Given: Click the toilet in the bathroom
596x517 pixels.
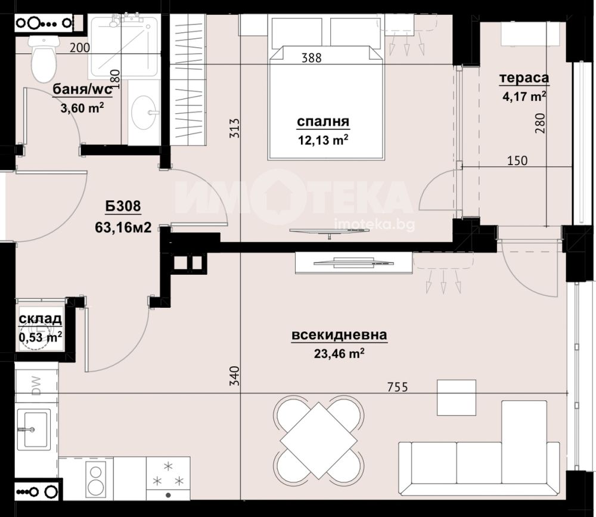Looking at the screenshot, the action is tap(45, 58).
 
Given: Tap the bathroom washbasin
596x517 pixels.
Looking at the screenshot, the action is tap(144, 113).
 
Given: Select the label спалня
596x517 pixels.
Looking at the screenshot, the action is tap(322, 122).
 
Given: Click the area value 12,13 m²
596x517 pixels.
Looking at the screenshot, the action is tap(323, 140).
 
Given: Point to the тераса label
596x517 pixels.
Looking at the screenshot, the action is tap(524, 78).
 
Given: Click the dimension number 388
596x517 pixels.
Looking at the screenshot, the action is tap(311, 58).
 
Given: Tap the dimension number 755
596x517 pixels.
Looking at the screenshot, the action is tap(398, 387).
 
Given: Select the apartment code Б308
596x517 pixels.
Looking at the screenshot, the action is tap(123, 206).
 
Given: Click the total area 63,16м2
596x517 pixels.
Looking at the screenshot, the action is tap(123, 228).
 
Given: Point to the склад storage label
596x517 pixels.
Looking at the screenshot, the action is tap(41, 319).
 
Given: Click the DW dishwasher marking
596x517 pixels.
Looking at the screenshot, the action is tap(36, 385).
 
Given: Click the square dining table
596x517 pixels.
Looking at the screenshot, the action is tap(318, 441).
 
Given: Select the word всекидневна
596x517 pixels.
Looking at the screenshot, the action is tap(340, 336).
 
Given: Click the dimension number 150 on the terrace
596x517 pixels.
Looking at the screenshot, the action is tap(518, 160).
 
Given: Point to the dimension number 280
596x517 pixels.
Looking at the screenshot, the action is tap(540, 123).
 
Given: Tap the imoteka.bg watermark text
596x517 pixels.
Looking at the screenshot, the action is tap(374, 224).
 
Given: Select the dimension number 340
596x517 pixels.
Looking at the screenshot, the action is tap(235, 376).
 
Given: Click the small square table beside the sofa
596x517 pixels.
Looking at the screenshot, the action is tap(457, 397).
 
